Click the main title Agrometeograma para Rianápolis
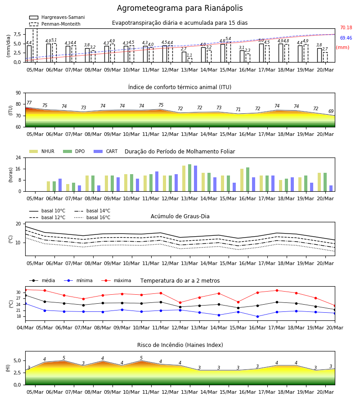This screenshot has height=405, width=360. point(180,8)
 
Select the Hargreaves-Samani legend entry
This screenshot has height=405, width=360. point(57,17)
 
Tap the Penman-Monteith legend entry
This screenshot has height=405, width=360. point(55,24)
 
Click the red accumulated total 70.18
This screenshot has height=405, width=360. point(346,27)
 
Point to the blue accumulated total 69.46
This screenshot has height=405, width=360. point(346,38)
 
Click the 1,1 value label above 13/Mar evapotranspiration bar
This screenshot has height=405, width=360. point(189,55)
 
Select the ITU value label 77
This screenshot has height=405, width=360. point(29,103)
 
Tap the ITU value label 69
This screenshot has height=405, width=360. point(331,111)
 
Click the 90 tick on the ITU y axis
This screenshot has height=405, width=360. point(18,93)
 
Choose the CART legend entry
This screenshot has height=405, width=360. point(106,151)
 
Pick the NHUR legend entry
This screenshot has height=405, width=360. point(42,151)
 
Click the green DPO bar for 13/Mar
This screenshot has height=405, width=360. point(190,178)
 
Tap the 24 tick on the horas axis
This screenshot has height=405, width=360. point(18,157)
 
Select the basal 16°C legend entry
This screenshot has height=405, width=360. point(92,217)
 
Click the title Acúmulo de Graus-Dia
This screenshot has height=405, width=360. point(180,216)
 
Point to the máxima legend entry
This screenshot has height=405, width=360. point(116,280)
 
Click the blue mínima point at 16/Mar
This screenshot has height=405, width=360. point(257,316)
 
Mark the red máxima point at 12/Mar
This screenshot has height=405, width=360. point(180,303)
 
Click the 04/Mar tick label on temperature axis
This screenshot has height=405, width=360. point(25,328)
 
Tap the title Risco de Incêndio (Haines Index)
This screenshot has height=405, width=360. point(180,345)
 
